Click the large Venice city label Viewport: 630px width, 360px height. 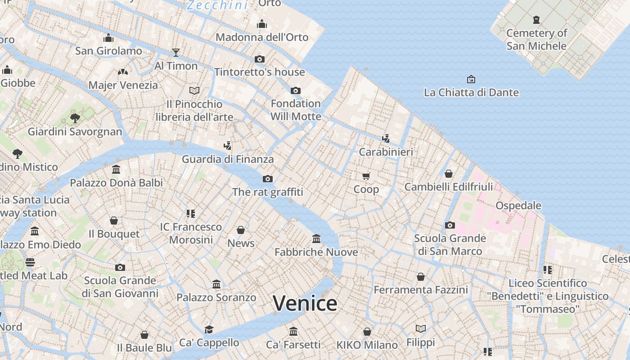tap(305, 303)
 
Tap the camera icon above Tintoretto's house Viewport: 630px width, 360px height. tap(259, 59)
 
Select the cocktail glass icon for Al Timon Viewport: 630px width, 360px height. tap(176, 53)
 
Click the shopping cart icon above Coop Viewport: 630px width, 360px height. tap(366, 176)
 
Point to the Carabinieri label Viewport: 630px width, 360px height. tap(386, 152)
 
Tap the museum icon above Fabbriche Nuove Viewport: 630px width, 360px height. tap(316, 238)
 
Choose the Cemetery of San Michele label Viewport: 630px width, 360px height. tap(536, 39)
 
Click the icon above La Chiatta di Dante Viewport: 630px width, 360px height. tap(471, 79)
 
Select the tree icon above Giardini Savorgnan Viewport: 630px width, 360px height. tap(75, 118)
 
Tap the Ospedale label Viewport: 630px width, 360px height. tap(518, 206)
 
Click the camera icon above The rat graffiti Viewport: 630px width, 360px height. tap(268, 179)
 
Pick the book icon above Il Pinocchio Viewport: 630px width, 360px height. tap(194, 91)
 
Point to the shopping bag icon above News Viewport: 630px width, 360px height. tap(241, 230)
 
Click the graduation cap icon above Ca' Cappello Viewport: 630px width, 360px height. tap(209, 329)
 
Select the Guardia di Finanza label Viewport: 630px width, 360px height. tap(228, 159)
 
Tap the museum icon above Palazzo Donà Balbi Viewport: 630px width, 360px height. tap(116, 170)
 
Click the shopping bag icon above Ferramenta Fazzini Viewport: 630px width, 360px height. tap(421, 277)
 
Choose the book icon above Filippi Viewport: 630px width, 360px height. tap(421, 329)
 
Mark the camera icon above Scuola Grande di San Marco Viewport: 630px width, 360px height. tap(450, 225)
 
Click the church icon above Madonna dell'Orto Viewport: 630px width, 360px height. tap(262, 24)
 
